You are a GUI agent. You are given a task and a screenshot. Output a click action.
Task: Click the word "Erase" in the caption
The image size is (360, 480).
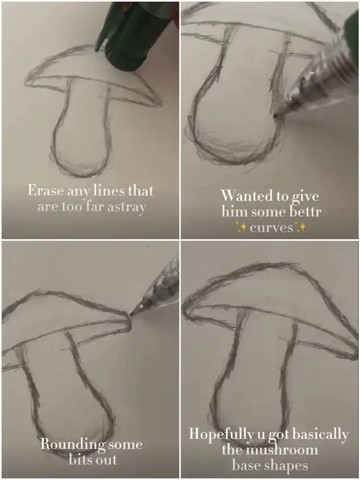[46, 190]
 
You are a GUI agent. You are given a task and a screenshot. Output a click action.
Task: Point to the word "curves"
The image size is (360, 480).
[272, 228]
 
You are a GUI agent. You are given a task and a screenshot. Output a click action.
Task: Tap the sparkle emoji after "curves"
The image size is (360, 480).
[300, 227]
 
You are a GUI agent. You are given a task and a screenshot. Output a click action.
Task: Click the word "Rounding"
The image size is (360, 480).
[71, 445]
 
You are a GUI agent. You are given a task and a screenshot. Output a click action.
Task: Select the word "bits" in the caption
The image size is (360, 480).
[80, 460]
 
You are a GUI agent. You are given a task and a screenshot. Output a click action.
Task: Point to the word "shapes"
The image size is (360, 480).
[286, 466]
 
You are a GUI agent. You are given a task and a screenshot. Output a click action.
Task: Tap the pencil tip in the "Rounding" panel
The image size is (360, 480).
[132, 314]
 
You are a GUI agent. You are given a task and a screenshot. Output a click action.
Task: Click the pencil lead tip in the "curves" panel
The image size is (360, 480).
[274, 115]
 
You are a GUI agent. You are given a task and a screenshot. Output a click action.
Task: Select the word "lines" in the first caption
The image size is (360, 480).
[109, 190]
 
